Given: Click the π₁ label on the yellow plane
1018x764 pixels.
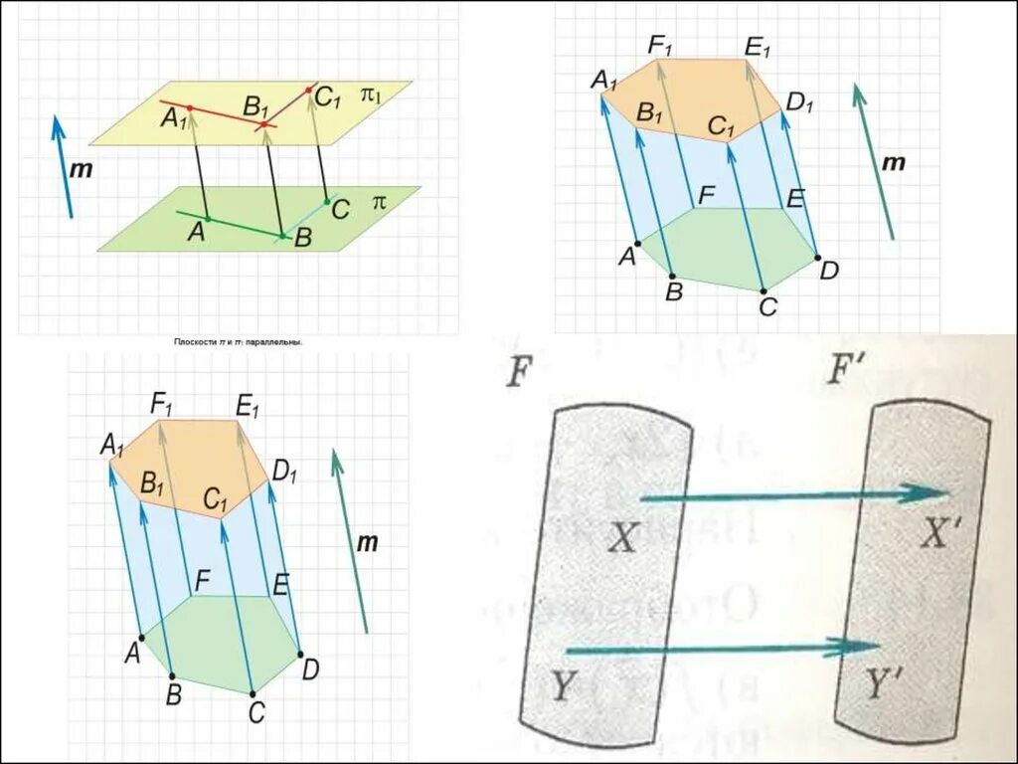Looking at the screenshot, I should [371, 95].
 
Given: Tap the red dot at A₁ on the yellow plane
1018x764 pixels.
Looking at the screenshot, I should [189, 106].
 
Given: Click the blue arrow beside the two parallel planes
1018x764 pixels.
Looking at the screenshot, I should [62, 165].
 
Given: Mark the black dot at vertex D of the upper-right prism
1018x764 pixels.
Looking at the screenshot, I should [818, 258].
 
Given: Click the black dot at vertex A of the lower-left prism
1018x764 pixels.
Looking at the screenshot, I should [142, 637].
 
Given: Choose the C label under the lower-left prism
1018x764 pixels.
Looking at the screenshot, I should [256, 711].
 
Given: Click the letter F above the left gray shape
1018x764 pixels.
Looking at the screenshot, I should [516, 374].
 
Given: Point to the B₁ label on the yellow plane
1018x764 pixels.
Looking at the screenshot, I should [258, 106].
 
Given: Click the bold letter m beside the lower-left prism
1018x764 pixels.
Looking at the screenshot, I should [368, 542].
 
